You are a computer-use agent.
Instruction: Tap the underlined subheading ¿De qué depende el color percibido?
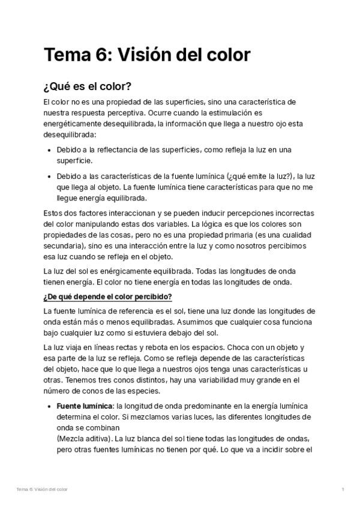click(107, 297)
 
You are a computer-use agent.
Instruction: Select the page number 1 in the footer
click(343, 490)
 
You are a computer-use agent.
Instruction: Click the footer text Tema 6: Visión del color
click(42, 490)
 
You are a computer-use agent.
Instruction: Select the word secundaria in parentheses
click(64, 246)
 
